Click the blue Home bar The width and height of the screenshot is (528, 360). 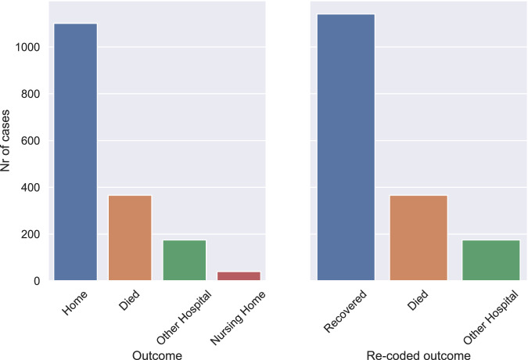tap(75, 152)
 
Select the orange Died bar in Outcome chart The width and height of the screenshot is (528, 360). tap(130, 238)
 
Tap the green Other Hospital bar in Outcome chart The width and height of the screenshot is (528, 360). tap(185, 261)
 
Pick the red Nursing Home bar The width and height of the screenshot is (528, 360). tap(239, 276)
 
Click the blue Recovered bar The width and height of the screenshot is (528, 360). tap(347, 147)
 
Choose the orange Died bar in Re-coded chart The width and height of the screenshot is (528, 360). tap(418, 238)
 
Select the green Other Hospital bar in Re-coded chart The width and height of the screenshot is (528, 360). tap(491, 261)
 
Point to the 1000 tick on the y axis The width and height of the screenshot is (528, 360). tap(27, 47)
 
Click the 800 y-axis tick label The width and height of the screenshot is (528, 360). tap(31, 94)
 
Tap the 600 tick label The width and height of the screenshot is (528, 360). tap(31, 141)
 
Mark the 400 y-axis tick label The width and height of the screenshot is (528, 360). tap(31, 188)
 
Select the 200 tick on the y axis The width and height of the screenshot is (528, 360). tap(31, 234)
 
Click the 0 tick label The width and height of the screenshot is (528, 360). tap(37, 281)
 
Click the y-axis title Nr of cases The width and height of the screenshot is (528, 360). tap(5, 141)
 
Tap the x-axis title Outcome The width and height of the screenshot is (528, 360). tap(157, 355)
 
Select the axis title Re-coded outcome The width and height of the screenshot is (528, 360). tap(418, 355)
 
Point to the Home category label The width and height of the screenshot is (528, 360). tap(75, 303)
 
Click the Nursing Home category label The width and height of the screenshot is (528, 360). tap(238, 319)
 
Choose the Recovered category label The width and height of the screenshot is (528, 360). tap(345, 311)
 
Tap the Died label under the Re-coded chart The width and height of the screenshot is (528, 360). tap(418, 300)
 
